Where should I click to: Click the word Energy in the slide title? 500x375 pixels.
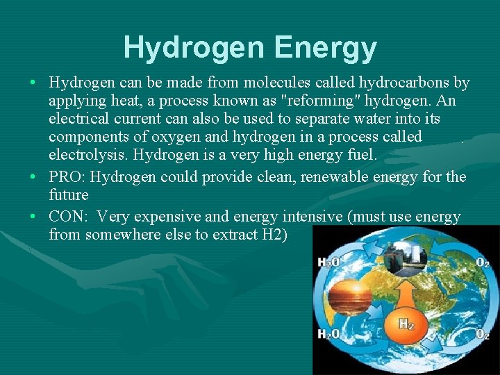[326, 48]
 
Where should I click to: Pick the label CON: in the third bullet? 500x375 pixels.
[68, 217]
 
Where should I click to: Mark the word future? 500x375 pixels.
[69, 194]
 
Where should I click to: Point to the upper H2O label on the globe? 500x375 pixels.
[328, 262]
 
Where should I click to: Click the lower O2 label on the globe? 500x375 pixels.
[482, 334]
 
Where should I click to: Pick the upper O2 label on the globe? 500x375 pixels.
[483, 262]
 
